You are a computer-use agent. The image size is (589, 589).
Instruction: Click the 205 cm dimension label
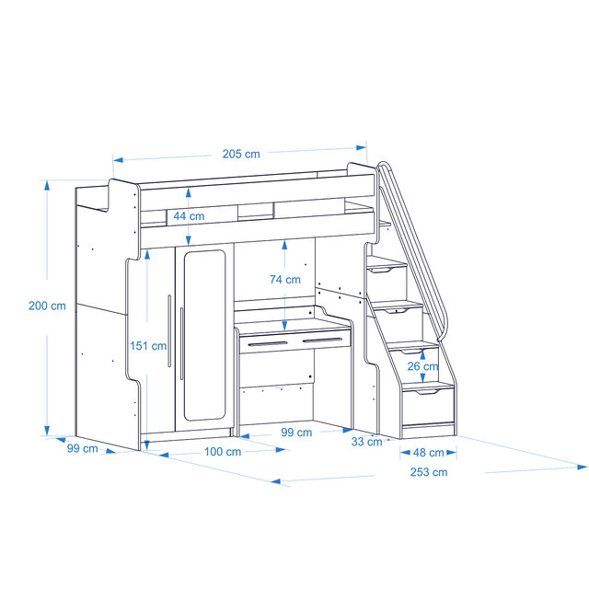[x=240, y=154]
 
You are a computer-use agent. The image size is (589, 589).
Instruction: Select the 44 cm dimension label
[x=189, y=215]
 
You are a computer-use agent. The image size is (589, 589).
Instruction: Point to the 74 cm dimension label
[x=284, y=279]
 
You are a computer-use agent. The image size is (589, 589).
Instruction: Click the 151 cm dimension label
[x=148, y=346]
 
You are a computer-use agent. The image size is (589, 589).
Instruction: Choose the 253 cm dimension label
[x=428, y=472]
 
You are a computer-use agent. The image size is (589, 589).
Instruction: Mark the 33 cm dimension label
[x=367, y=442]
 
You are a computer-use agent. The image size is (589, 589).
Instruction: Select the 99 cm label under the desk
[x=295, y=432]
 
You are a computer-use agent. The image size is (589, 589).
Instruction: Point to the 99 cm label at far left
[x=82, y=448]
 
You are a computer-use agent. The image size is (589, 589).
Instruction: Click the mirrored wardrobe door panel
[x=203, y=336]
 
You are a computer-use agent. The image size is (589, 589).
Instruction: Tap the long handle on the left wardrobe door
[x=168, y=332]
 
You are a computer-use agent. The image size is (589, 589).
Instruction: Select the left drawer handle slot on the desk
[x=275, y=345]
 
